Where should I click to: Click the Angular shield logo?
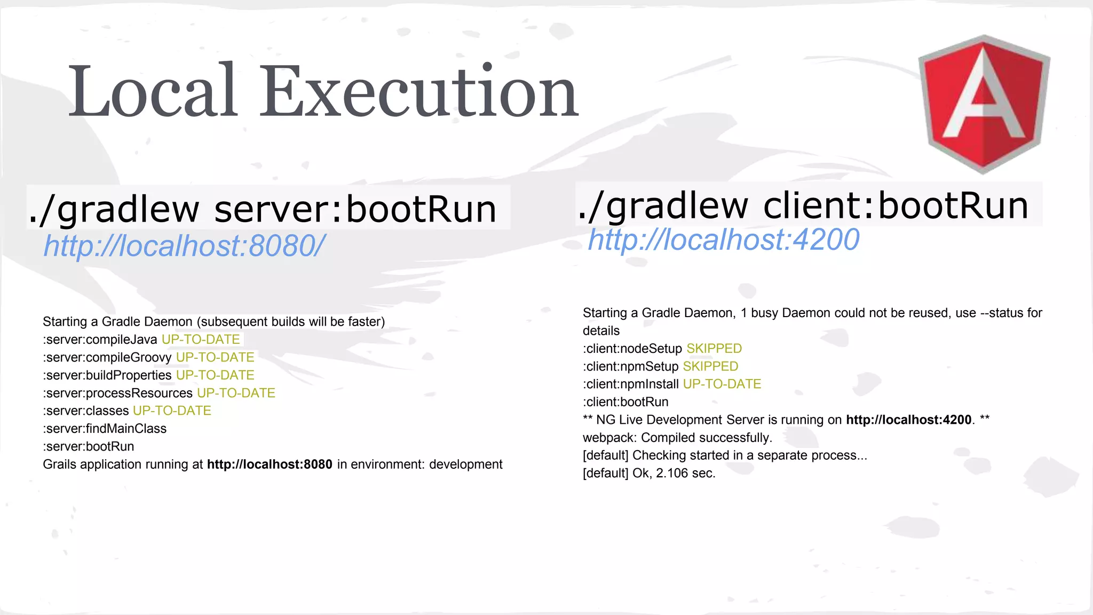[984, 104]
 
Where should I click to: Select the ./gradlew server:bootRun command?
[263, 209]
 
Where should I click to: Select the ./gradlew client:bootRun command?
[803, 206]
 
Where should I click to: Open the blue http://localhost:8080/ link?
[184, 246]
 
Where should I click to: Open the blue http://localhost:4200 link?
[723, 240]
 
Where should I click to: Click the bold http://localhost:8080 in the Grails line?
[270, 464]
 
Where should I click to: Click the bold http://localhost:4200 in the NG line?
[908, 420]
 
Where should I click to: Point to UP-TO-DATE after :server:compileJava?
[201, 340]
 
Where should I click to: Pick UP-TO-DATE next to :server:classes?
[172, 411]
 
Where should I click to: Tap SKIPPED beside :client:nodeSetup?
[714, 349]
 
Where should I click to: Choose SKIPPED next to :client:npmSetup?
[710, 367]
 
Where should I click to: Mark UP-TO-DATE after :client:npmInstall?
[722, 384]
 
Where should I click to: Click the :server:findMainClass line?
[105, 429]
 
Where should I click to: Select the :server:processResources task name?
[118, 393]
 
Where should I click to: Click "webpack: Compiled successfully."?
[677, 438]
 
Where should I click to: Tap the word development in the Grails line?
[465, 464]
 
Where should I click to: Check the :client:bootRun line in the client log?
[625, 402]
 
